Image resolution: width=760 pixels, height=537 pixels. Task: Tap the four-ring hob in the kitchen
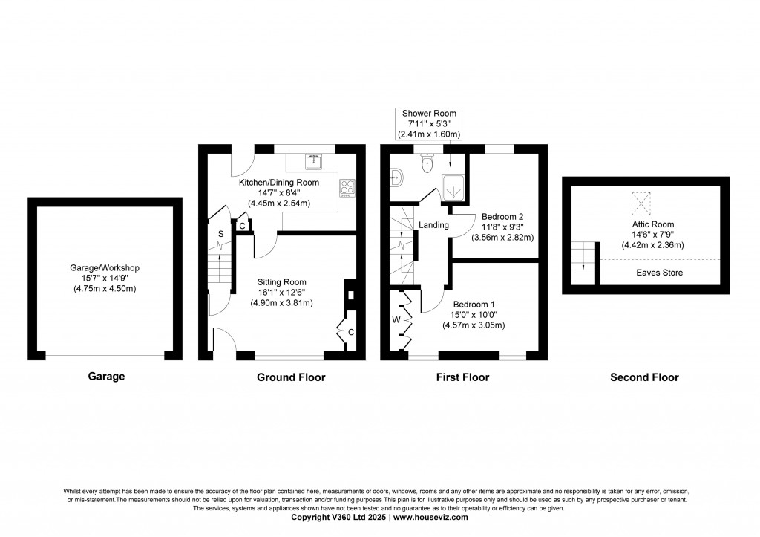click(347, 187)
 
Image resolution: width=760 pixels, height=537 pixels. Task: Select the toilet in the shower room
click(427, 163)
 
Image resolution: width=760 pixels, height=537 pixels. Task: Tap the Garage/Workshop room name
click(105, 267)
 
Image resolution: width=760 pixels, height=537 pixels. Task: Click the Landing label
click(433, 225)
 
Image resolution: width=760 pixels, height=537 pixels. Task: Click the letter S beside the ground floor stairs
click(220, 234)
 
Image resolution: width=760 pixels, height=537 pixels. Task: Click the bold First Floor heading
click(462, 377)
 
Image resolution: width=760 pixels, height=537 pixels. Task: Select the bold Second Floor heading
click(643, 377)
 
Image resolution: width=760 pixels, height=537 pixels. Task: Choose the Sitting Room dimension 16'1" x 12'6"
click(281, 293)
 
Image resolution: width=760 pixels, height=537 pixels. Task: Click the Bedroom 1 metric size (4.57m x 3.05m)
click(473, 325)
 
